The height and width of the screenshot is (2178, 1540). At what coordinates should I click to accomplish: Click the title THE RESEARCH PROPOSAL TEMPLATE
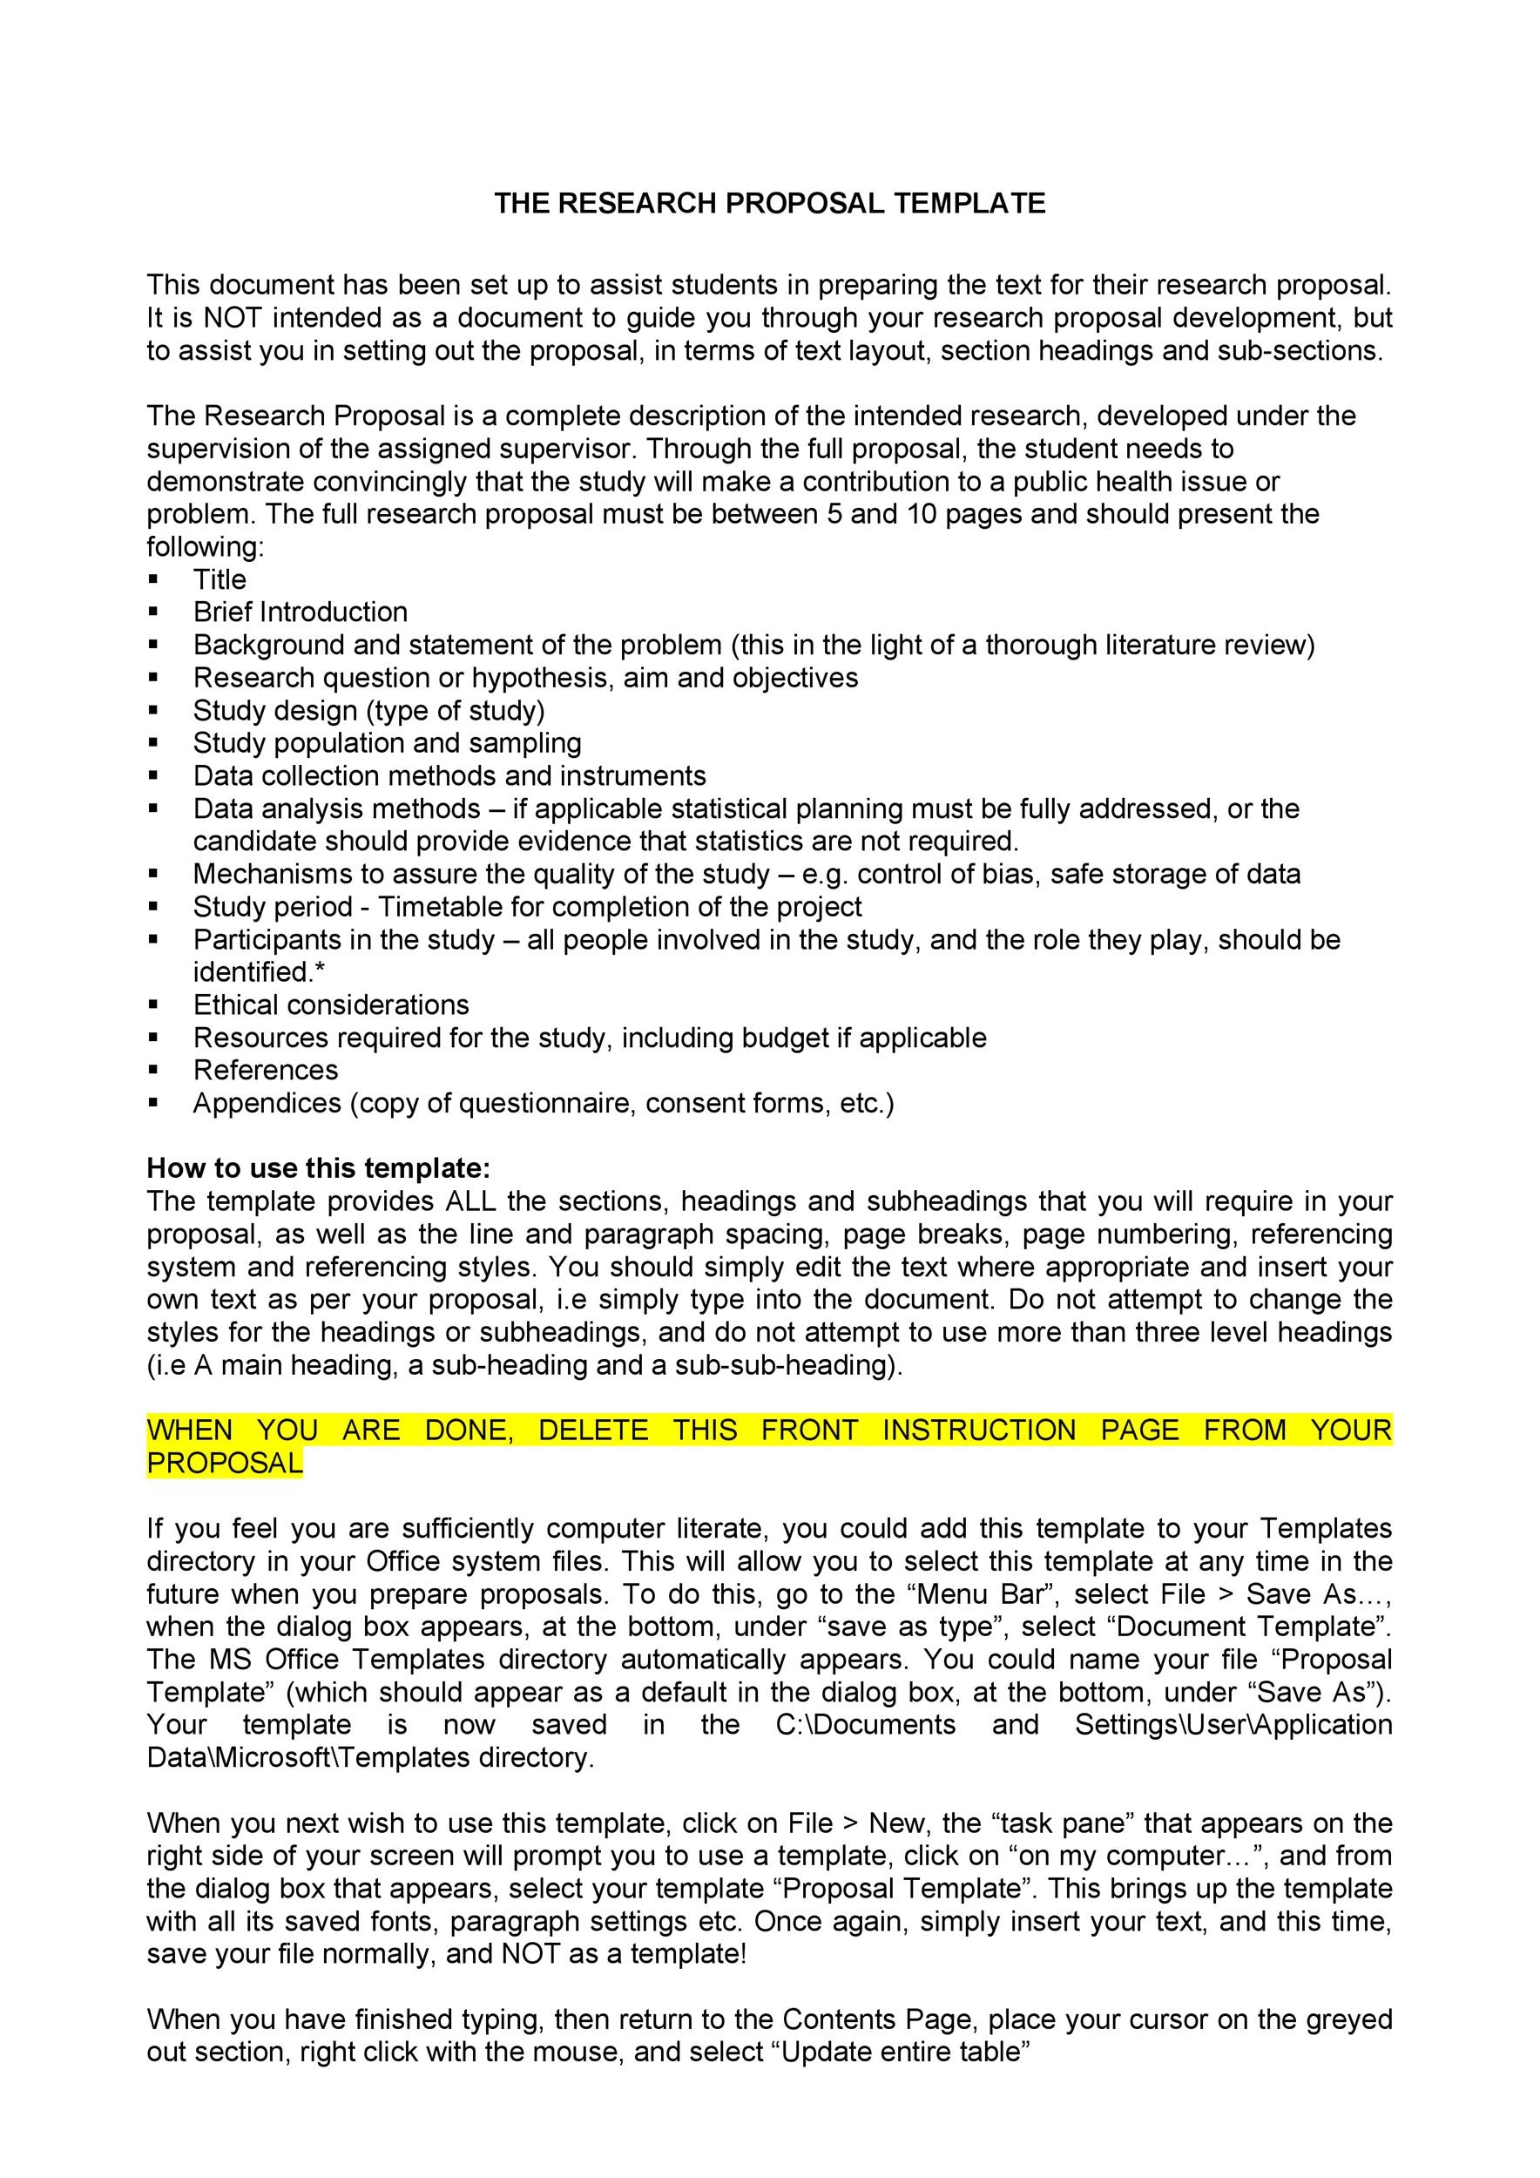click(769, 203)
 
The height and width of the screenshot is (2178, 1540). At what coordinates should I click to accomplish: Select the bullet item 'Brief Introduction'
click(300, 612)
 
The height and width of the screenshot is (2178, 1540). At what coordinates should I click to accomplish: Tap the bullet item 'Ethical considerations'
click(331, 1004)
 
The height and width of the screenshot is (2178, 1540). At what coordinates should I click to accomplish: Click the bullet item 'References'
click(266, 1070)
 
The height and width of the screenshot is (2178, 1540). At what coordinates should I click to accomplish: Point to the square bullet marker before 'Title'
click(153, 579)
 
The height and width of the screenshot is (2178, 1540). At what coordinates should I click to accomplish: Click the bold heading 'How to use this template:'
click(319, 1167)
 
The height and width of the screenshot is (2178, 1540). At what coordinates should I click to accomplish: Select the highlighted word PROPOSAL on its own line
click(225, 1463)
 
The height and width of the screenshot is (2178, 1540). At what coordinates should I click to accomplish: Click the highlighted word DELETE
click(592, 1430)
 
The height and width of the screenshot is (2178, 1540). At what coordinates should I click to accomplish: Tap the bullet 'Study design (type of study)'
click(368, 711)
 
